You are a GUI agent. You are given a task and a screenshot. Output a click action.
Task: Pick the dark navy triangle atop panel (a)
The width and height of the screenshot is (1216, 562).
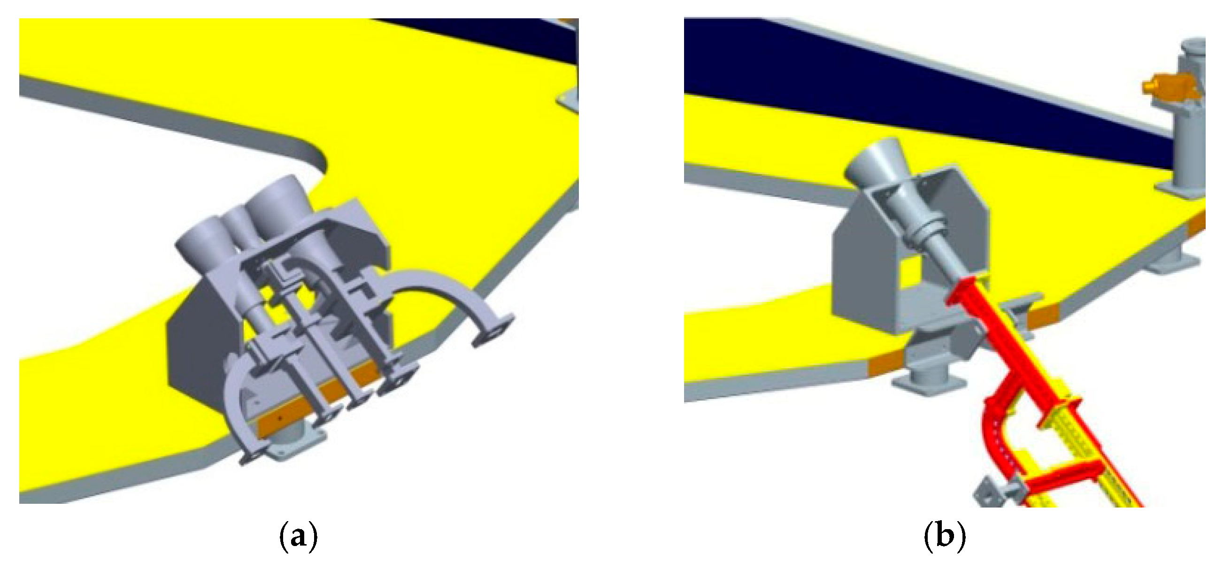[496, 38]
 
